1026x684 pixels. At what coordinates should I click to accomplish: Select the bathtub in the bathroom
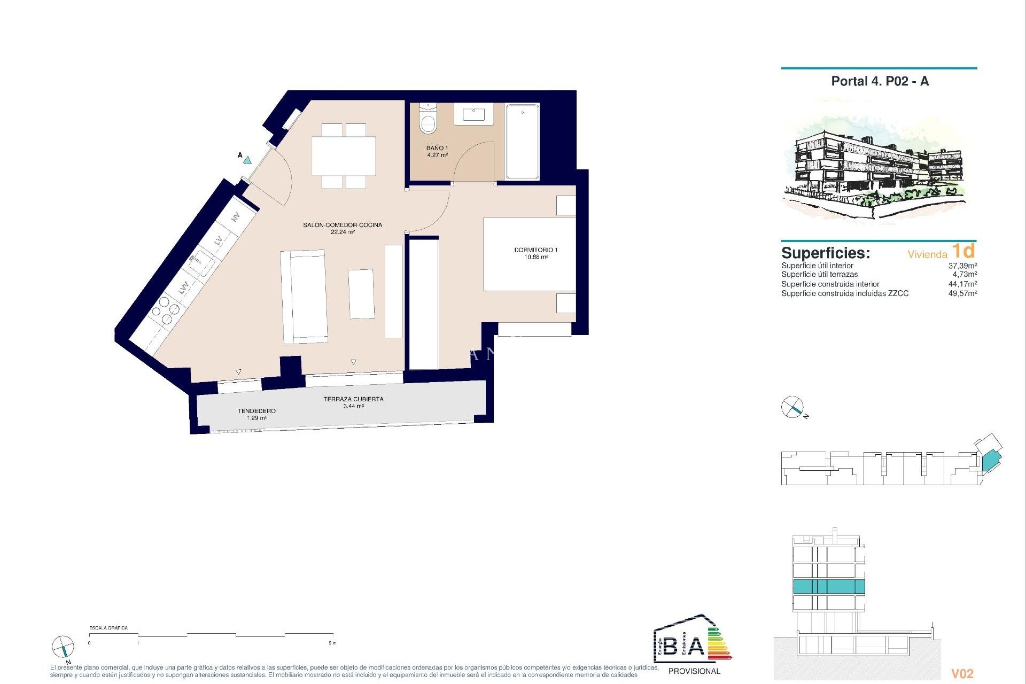click(522, 142)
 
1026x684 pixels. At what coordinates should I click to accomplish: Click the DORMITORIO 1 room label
click(535, 253)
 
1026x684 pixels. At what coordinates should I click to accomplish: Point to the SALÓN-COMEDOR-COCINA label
click(343, 228)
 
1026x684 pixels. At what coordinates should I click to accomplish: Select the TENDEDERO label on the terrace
click(256, 414)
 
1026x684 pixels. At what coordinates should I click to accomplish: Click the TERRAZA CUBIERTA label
click(353, 402)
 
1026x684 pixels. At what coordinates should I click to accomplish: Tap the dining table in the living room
click(344, 156)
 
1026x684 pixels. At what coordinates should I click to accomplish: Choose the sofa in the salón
click(304, 297)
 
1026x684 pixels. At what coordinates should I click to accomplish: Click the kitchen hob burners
click(165, 310)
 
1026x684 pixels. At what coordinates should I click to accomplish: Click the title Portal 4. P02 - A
click(880, 81)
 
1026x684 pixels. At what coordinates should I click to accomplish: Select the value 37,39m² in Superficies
click(962, 266)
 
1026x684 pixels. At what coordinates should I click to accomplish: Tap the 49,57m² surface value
click(962, 293)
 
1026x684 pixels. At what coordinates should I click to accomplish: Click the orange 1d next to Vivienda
click(963, 251)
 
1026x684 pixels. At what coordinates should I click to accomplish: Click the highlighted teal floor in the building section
click(828, 586)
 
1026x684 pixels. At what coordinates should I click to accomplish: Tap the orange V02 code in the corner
click(962, 674)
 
